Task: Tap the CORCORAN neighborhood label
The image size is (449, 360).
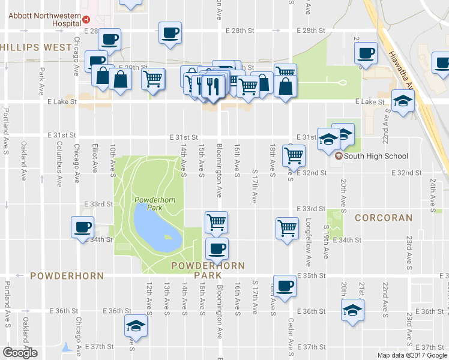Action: tap(383, 218)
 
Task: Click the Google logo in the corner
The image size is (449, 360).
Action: tap(20, 353)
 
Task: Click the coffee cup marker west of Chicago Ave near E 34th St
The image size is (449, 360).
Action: tap(82, 227)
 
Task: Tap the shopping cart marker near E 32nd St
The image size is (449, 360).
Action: tap(294, 156)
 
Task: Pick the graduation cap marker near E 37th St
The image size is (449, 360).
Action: tap(136, 326)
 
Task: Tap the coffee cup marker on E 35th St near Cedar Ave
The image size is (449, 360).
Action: tap(285, 286)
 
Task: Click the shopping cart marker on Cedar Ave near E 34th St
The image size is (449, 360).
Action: tap(288, 228)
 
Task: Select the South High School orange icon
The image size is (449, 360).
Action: tap(339, 157)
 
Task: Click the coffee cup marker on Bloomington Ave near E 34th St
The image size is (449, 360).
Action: tap(216, 248)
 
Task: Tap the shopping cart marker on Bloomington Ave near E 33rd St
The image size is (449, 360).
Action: tap(215, 222)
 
